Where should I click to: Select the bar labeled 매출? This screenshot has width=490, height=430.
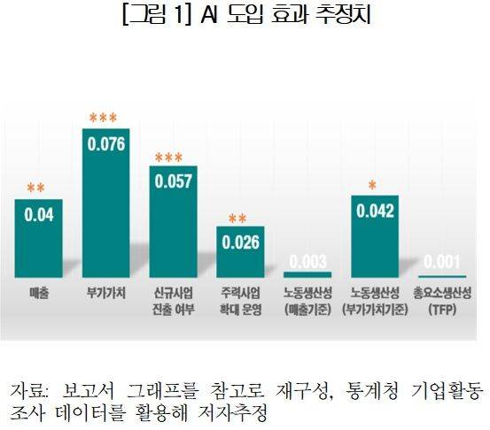click(x=37, y=239)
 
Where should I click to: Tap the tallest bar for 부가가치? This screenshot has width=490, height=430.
click(x=105, y=203)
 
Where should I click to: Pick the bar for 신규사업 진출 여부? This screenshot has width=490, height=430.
click(x=173, y=221)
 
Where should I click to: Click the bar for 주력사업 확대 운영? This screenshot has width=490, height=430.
click(x=239, y=252)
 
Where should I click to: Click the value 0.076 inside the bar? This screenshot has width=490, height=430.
click(x=105, y=145)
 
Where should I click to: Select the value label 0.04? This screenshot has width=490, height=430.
click(x=37, y=215)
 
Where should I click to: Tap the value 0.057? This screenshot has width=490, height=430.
click(x=173, y=181)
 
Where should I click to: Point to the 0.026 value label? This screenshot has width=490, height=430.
click(x=239, y=242)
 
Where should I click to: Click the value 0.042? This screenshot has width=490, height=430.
click(x=374, y=211)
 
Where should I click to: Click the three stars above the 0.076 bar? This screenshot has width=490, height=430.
click(x=105, y=118)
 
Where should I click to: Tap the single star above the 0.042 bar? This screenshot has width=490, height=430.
click(x=373, y=185)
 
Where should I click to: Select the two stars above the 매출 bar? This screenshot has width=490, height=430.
click(x=37, y=188)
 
